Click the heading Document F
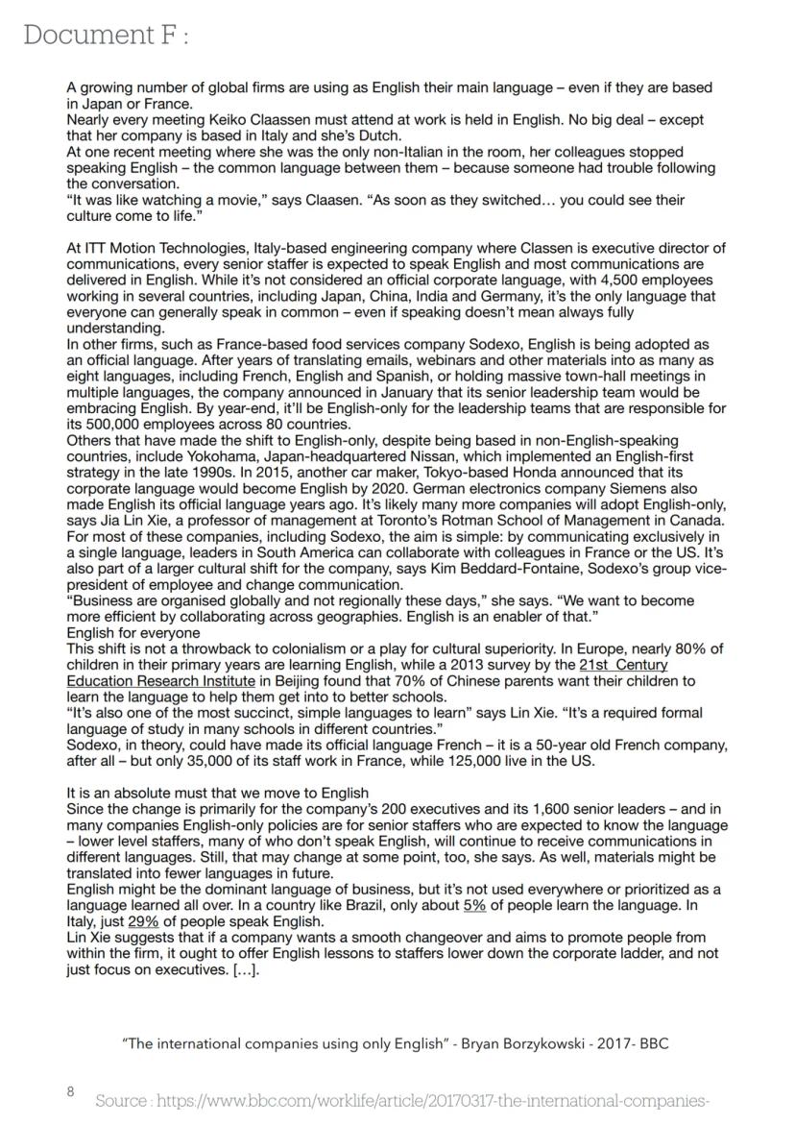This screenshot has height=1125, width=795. point(106,36)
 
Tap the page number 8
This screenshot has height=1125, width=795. point(70,1091)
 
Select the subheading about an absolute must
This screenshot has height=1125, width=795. point(217,793)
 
